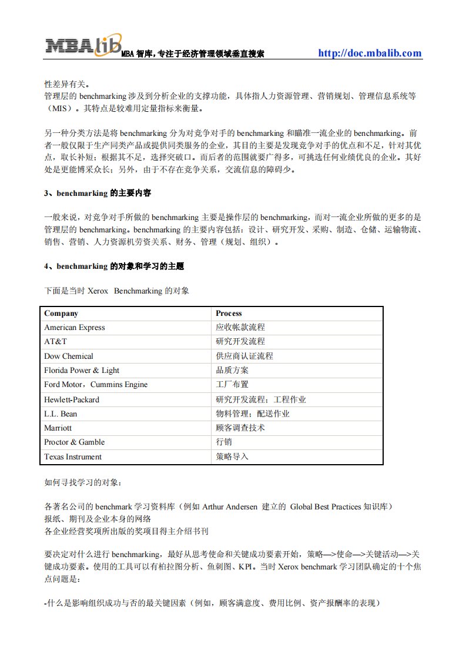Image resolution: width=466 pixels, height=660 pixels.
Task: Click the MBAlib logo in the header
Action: (84, 45)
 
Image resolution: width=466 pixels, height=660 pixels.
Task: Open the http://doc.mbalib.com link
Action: (370, 53)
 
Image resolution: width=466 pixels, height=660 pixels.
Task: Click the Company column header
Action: (61, 314)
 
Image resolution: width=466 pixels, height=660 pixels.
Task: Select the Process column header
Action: (229, 314)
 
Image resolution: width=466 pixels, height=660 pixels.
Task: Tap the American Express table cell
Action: (75, 328)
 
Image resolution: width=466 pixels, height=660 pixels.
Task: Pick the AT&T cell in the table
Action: (56, 342)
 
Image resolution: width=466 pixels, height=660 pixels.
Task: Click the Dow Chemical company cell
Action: (69, 356)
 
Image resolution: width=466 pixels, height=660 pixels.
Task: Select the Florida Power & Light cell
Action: (82, 370)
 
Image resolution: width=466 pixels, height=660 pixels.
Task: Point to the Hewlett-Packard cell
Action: (72, 399)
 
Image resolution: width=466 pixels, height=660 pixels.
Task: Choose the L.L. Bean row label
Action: (61, 414)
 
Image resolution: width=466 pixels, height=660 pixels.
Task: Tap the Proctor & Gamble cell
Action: (74, 442)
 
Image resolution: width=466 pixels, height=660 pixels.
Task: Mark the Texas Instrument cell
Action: (73, 456)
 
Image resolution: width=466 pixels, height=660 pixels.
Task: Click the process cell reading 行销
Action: (224, 442)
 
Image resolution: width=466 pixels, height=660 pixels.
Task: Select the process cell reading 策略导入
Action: (232, 456)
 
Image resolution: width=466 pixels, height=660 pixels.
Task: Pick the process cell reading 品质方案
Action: (232, 370)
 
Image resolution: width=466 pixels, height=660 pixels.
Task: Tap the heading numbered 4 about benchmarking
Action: (114, 266)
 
